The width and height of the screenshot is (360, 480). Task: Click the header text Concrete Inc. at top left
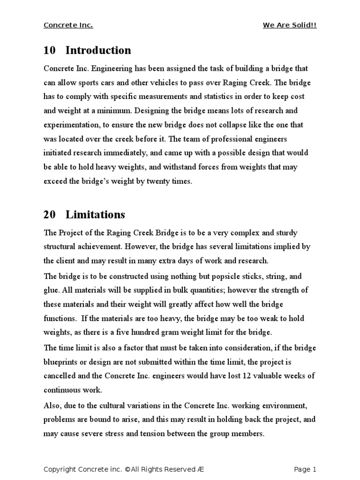coord(68,25)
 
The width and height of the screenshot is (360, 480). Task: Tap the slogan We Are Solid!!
coord(290,25)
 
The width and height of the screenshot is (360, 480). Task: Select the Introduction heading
coord(98,50)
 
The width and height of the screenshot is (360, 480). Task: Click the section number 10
coord(49,50)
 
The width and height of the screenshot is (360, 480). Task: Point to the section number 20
coord(49,215)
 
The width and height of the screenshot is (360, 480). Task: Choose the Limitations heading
coord(95,215)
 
